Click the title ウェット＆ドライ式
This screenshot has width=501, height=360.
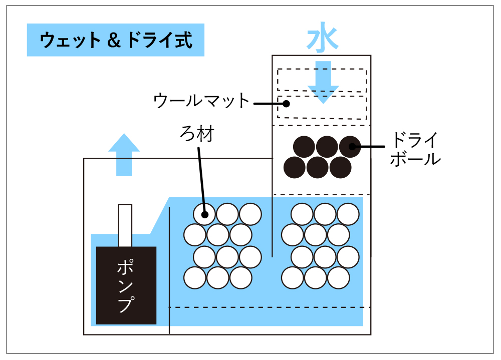pos(116,40)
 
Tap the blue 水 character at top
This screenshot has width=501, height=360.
pos(322,40)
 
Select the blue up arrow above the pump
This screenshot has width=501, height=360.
pos(124,155)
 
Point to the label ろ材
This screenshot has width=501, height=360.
pos(197,135)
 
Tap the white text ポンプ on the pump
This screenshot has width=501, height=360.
pos(126,286)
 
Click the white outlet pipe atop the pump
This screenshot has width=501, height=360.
pos(125,225)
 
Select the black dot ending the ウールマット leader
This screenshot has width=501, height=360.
pos(286,104)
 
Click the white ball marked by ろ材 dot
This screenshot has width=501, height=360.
pos(204,214)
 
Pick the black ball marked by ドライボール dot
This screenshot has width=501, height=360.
pos(350,147)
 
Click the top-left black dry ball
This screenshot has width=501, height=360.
pos(304,147)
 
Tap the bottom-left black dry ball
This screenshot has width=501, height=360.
pos(294,168)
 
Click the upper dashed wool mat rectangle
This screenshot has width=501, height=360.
pos(322,80)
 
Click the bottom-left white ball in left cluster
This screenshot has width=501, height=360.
pos(195,278)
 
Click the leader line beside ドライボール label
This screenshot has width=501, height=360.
pos(371,147)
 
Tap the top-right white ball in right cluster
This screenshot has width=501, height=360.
pos(348,214)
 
